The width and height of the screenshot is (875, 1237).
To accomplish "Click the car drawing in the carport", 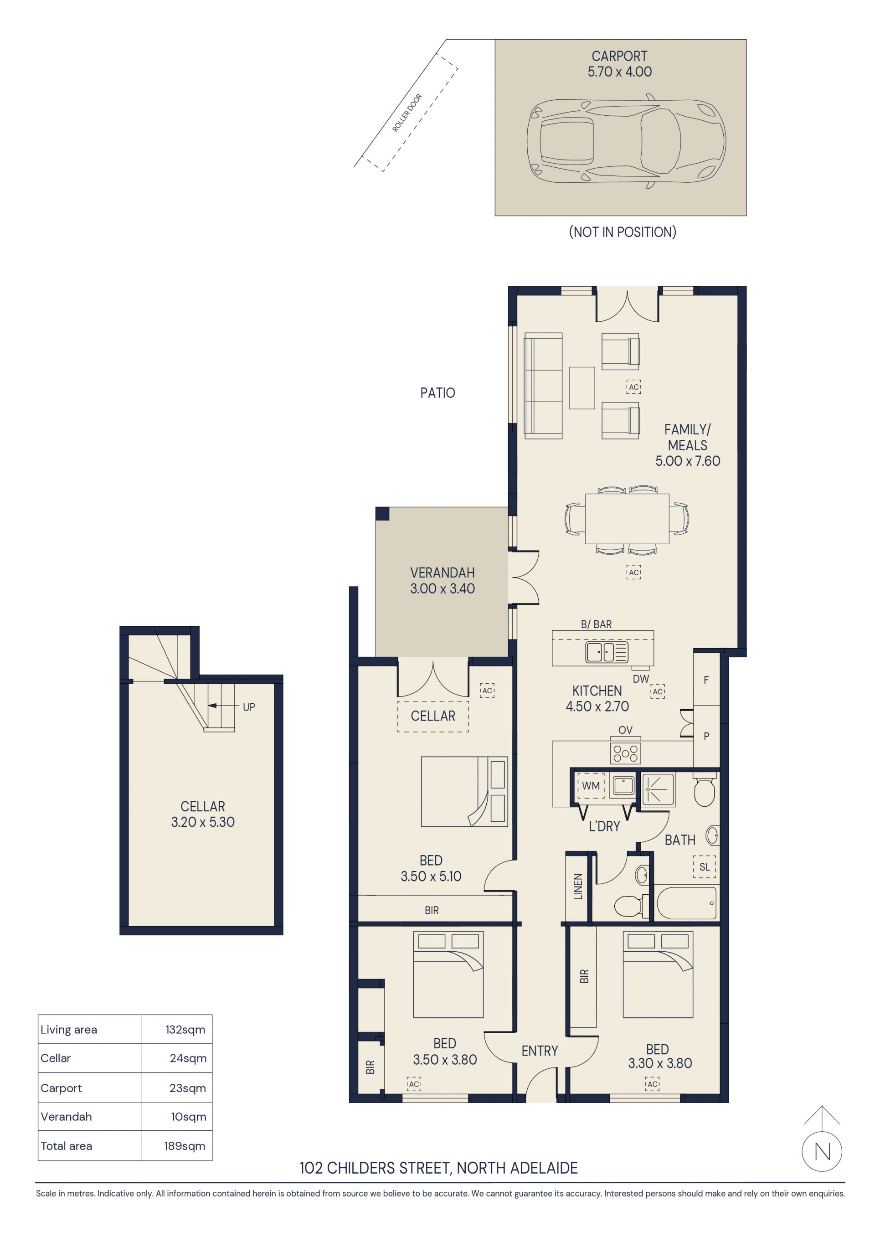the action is click(x=626, y=141).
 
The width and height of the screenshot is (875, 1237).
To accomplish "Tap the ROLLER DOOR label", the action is click(x=407, y=113).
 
